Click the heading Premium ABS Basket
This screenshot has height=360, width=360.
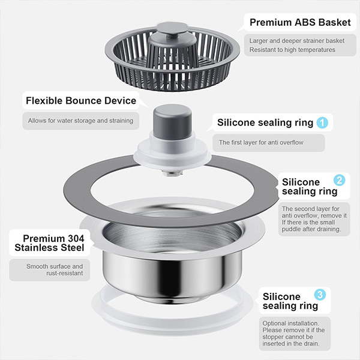click(300, 23)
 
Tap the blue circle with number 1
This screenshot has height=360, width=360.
click(322, 122)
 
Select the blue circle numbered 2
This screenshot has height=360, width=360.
click(340, 180)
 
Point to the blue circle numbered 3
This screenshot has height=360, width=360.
click(320, 295)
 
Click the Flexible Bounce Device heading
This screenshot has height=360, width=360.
click(81, 101)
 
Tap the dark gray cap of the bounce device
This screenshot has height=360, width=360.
click(172, 122)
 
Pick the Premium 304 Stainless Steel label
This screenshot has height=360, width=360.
click(49, 243)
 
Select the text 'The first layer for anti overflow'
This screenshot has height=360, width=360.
click(261, 142)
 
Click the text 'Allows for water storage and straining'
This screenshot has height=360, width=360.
click(80, 121)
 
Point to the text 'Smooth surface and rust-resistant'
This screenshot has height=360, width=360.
click(55, 269)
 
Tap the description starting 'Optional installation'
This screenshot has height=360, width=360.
click(293, 334)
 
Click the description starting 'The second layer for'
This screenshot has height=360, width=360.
click(314, 219)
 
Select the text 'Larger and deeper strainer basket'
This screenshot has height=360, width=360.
click(297, 41)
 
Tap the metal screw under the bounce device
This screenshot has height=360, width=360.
click(173, 172)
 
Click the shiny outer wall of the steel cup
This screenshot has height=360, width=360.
click(172, 273)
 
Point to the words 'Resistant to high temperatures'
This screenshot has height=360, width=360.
click(292, 50)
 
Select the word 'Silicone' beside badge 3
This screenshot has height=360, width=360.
click(281, 296)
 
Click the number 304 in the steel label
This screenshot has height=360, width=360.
click(76, 239)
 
